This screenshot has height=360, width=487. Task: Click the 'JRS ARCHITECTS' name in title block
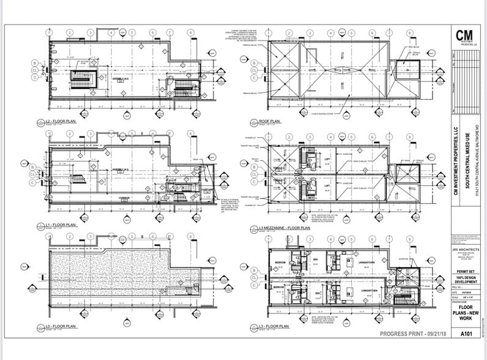(x=466, y=249)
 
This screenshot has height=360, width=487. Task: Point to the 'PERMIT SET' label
(x=466, y=268)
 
